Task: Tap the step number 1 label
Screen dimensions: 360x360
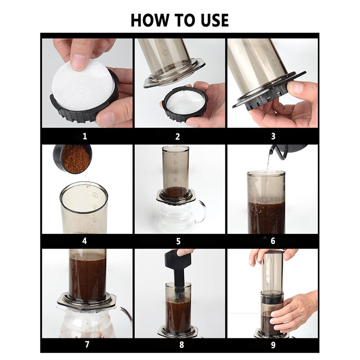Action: pyautogui.click(x=85, y=136)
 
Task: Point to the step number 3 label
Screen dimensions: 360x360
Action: pyautogui.click(x=273, y=136)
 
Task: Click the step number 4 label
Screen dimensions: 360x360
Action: pyautogui.click(x=85, y=241)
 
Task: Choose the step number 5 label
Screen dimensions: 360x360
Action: pyautogui.click(x=178, y=241)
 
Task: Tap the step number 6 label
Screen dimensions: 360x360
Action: pyautogui.click(x=273, y=241)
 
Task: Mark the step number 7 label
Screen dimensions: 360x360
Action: pyautogui.click(x=85, y=345)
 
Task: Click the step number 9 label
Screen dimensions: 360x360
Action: pyautogui.click(x=273, y=345)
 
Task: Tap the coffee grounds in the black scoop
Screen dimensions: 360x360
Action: pyautogui.click(x=75, y=158)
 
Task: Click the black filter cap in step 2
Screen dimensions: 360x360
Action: pyautogui.click(x=184, y=105)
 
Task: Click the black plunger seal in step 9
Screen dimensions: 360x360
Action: pyautogui.click(x=272, y=298)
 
